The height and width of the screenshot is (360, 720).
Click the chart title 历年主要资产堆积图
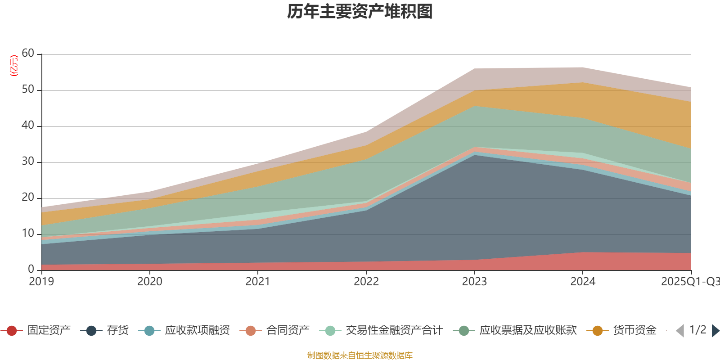click(x=360, y=12)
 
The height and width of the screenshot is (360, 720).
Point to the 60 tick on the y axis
click(x=28, y=54)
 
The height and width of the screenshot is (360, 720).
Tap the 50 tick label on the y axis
click(x=28, y=90)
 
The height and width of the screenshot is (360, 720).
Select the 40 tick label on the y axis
click(x=28, y=126)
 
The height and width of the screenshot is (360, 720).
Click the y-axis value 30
click(x=28, y=162)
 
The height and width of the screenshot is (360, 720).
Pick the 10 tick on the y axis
click(x=28, y=234)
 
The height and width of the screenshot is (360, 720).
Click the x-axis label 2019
click(x=41, y=282)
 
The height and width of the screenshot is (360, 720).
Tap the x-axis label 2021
click(x=258, y=282)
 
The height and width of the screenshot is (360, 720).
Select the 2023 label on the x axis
click(x=474, y=282)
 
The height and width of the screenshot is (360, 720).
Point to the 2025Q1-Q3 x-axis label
click(x=690, y=282)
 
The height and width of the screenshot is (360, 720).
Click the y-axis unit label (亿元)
click(x=14, y=66)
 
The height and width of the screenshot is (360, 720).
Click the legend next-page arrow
click(x=715, y=331)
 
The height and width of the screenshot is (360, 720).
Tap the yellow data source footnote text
click(x=360, y=355)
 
